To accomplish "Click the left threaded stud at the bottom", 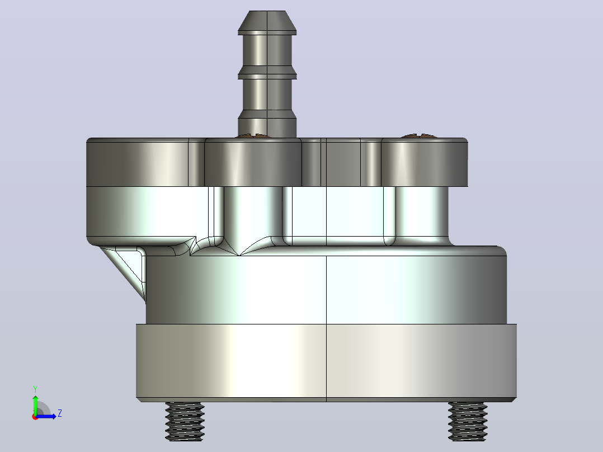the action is [x=185, y=421].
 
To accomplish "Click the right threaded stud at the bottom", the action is [x=468, y=421].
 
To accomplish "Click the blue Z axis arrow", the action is [x=46, y=416].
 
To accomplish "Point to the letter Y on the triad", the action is [x=35, y=389].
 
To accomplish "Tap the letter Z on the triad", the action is [x=60, y=413].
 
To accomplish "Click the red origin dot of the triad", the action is [x=35, y=417].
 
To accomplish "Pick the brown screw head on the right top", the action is [x=418, y=136].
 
